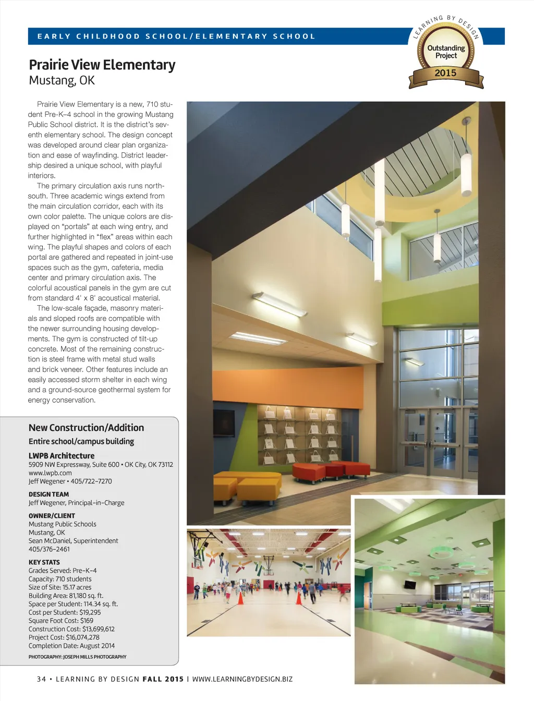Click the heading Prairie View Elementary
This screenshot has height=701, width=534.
[x=102, y=65]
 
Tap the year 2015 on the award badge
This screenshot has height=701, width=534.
[x=445, y=73]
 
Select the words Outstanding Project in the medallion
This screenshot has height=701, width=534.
[x=446, y=52]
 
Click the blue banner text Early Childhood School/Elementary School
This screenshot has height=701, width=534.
[x=176, y=37]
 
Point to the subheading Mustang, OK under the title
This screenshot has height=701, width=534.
[x=62, y=81]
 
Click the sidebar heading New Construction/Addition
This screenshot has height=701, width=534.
[x=86, y=428]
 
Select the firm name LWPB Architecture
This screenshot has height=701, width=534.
[x=62, y=455]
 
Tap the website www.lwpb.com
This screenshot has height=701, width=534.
[x=50, y=473]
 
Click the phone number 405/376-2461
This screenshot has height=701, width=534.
[x=49, y=549]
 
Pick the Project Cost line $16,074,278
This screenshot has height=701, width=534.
[x=64, y=637]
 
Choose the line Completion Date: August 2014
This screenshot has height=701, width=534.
[x=71, y=646]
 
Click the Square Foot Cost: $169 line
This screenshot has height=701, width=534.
[x=61, y=621]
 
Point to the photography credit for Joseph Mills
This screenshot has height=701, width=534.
[x=77, y=657]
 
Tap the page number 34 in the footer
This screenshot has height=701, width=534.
[x=41, y=679]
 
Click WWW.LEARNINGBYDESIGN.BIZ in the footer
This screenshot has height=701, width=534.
[x=242, y=679]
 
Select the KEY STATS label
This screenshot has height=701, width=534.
[x=44, y=562]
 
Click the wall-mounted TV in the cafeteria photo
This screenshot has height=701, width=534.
[x=410, y=585]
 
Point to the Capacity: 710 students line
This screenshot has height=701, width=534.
[x=60, y=579]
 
